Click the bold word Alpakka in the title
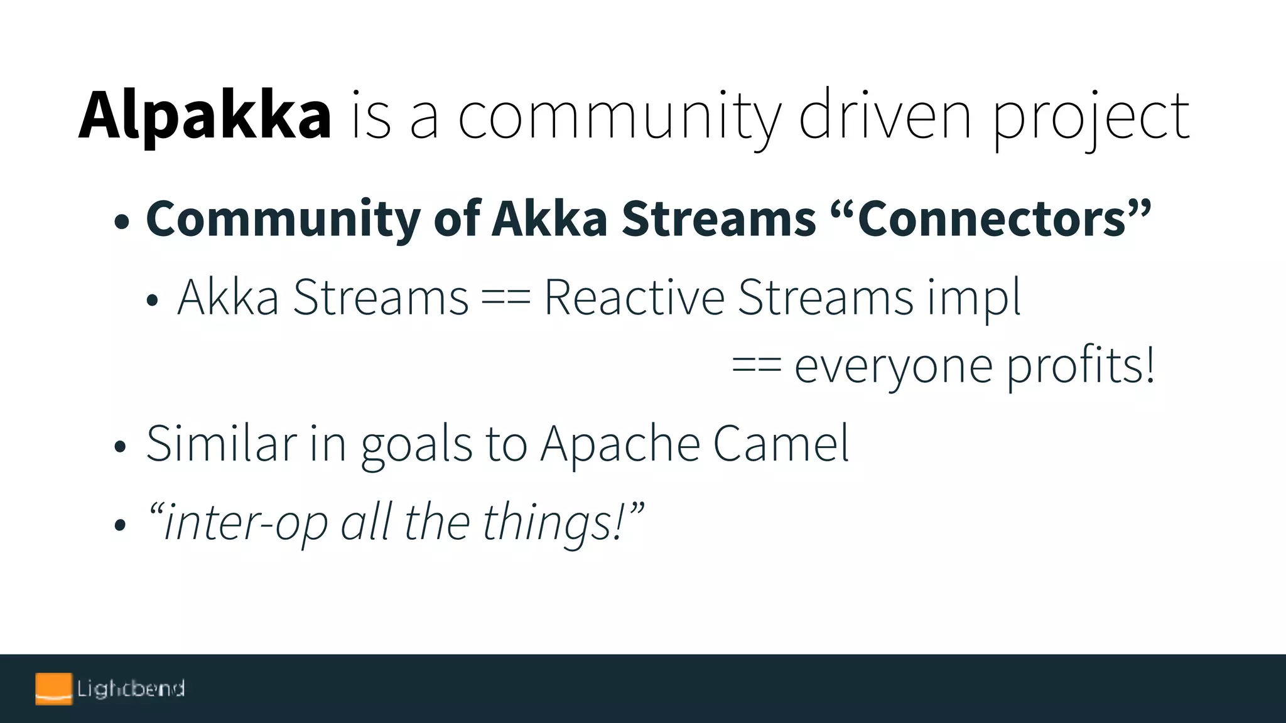click(x=205, y=116)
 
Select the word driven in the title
click(x=885, y=116)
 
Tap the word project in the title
click(x=1090, y=119)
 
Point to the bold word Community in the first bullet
click(x=283, y=219)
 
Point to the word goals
click(x=416, y=446)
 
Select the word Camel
click(x=781, y=444)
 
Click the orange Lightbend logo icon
click(x=53, y=688)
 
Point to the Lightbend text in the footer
click(x=131, y=688)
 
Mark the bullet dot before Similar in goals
click(x=121, y=447)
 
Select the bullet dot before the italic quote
click(x=121, y=525)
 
